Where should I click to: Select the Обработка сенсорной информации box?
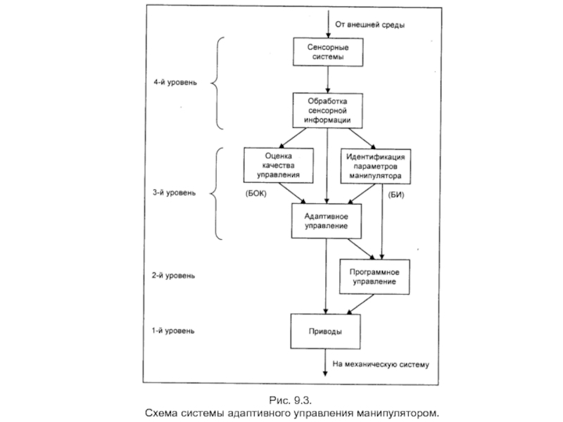[327, 110]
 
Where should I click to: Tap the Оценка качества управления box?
[279, 165]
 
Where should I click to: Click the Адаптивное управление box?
[327, 220]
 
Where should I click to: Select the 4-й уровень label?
[175, 82]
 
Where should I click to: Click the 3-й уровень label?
[175, 192]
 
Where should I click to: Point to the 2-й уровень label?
[175, 276]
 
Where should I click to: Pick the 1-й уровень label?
[175, 329]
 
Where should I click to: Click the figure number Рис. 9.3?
[291, 400]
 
